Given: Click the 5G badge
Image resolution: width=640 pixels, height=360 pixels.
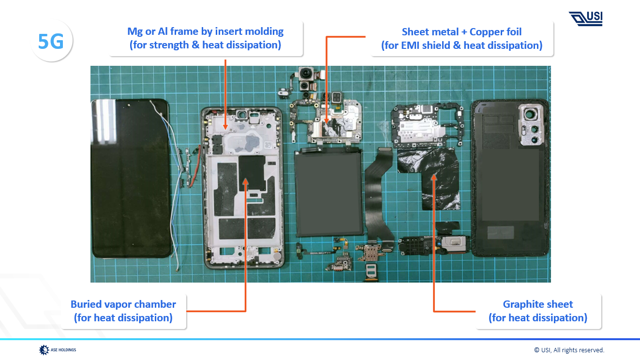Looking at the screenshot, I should [51, 42].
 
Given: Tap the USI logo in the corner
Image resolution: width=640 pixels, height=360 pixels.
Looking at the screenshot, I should [586, 18].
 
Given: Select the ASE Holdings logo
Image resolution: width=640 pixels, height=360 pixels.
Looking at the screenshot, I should [58, 349].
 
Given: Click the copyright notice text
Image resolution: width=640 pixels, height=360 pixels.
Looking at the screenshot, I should [569, 350].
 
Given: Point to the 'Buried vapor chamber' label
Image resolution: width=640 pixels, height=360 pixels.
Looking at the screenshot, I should [123, 311].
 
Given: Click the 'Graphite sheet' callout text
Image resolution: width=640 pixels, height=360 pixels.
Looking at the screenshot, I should [538, 311].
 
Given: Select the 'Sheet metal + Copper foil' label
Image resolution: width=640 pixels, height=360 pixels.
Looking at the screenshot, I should [461, 39].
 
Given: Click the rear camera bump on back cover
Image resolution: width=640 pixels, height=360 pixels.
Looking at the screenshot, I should [532, 126].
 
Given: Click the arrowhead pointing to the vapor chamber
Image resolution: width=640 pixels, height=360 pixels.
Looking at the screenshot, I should [246, 182].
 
